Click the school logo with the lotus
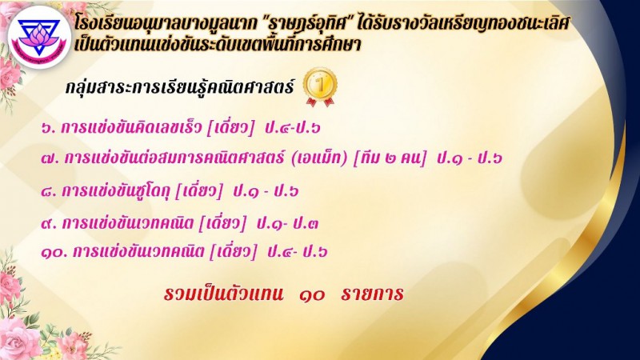click(39, 37)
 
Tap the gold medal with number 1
click(321, 87)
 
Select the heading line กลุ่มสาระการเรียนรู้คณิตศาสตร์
click(179, 87)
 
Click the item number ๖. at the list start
click(49, 129)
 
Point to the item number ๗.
click(50, 158)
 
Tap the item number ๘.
click(49, 191)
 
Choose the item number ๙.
click(49, 224)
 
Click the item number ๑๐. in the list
click(54, 252)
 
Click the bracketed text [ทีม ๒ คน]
click(390, 158)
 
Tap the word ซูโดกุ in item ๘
click(151, 191)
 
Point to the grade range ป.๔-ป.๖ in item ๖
click(292, 128)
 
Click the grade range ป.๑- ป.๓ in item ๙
click(287, 223)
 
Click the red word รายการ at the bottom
click(372, 294)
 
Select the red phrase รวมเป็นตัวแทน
click(223, 293)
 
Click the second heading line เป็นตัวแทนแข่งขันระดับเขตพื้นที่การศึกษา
click(218, 45)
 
